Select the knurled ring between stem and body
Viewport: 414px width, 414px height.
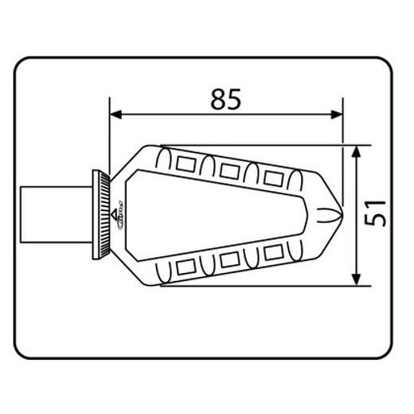click(x=103, y=215)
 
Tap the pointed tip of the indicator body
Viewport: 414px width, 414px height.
click(x=341, y=213)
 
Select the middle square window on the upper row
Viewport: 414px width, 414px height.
click(x=232, y=169)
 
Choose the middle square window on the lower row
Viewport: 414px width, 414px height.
click(x=232, y=260)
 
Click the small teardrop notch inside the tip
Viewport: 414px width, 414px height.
click(x=326, y=213)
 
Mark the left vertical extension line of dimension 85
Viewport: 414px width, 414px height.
click(x=110, y=143)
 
